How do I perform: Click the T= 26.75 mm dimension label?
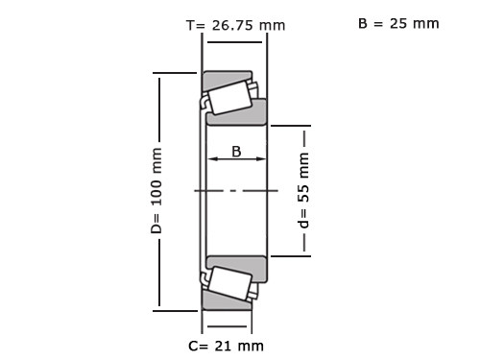tap(236, 25)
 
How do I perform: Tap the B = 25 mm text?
tap(398, 24)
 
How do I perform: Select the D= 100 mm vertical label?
tap(156, 191)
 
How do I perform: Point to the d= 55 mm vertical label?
tap(304, 190)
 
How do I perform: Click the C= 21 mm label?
tap(226, 346)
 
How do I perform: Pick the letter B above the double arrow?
tap(236, 152)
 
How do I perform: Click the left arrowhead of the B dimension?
tap(212, 158)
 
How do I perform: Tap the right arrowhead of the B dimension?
tap(261, 158)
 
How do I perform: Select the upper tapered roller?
tap(229, 98)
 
